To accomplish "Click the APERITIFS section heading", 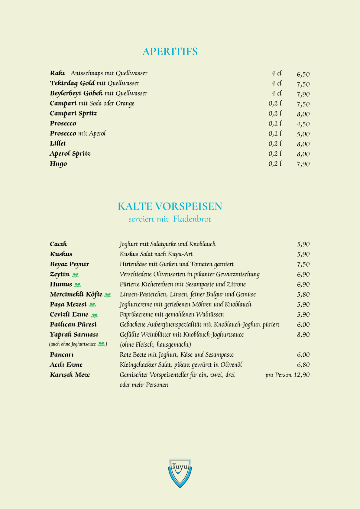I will click(x=170, y=52).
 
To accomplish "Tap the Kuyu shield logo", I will click(x=180, y=472).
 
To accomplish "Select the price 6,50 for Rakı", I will click(x=303, y=74).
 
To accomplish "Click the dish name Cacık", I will click(x=58, y=244).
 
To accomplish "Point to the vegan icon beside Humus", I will click(x=78, y=285).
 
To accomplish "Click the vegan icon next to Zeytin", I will click(x=76, y=275).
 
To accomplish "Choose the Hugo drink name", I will click(x=58, y=164).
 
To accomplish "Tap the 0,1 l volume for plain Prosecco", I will click(x=275, y=124).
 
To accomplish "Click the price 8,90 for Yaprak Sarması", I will click(x=303, y=335).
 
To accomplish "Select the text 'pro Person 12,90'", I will click(x=287, y=375).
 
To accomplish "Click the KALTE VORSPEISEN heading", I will click(x=170, y=206).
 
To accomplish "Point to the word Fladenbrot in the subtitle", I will click(x=192, y=219).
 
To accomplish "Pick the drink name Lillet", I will click(x=58, y=144).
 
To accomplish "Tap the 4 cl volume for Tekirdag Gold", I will click(x=276, y=83).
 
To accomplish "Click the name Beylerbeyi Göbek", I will click(x=76, y=93).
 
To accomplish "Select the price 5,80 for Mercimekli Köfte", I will click(x=303, y=294).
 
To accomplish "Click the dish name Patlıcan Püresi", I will click(x=73, y=325).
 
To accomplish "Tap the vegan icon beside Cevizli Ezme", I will click(x=95, y=315).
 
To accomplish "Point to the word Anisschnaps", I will click(x=87, y=73).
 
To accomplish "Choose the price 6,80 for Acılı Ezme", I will click(x=303, y=365).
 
